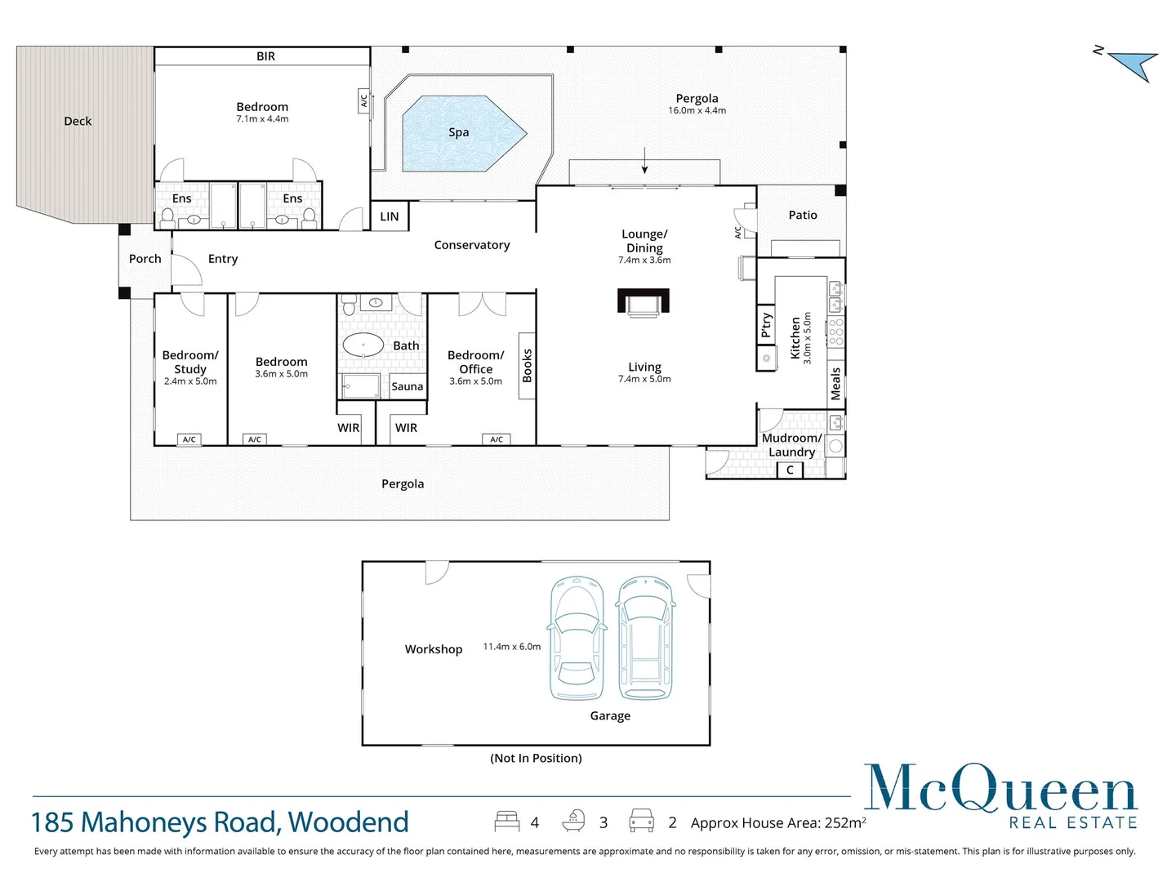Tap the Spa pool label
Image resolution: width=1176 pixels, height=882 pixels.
point(458,132)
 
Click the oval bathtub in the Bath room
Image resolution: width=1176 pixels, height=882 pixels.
point(363,345)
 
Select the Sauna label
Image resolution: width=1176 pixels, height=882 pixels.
point(407,386)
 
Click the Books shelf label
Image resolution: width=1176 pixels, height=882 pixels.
point(527,366)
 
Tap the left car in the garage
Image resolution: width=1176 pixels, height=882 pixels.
point(577,639)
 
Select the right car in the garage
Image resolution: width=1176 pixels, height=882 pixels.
point(645,639)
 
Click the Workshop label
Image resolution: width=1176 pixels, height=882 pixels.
point(434,649)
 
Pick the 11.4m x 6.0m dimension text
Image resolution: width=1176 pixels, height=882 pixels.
point(511,647)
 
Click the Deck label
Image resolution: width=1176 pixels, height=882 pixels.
point(78,121)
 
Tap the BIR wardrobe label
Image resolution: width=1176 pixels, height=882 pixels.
point(265,56)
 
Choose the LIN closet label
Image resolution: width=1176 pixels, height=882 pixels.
point(390,216)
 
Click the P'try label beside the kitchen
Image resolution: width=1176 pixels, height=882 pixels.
point(766,325)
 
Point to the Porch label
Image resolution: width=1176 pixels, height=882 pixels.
point(145,259)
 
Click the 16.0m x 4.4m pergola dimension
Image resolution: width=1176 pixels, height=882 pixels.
point(697,110)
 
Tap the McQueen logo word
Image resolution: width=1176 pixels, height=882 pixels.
point(1000,789)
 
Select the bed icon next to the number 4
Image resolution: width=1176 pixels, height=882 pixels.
point(507,822)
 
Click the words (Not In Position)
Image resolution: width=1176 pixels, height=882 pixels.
point(536,758)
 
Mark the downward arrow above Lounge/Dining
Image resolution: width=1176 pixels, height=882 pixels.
point(644,161)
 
